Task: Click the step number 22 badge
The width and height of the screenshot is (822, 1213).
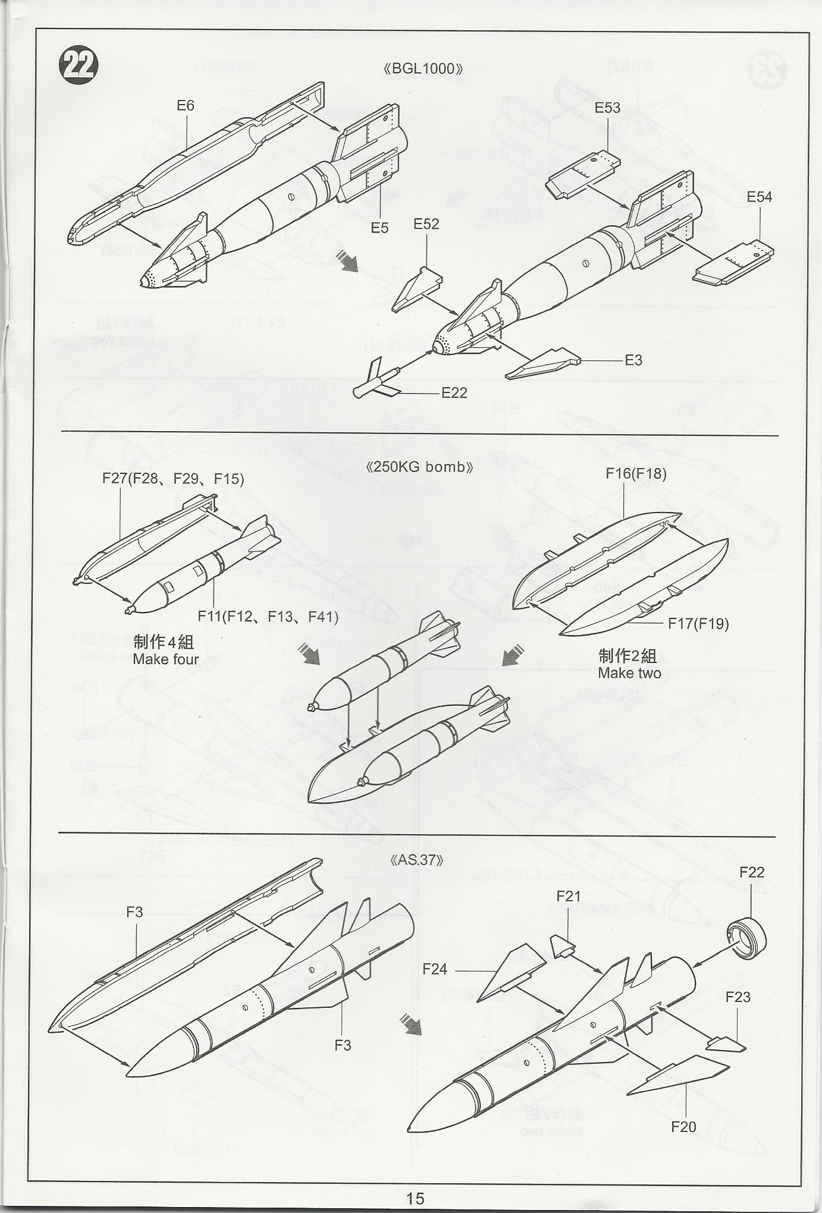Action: pos(79,65)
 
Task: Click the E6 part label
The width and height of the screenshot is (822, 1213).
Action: pos(186,106)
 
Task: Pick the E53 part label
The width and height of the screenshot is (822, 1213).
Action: pos(607,108)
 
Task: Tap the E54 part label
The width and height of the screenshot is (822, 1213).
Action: pos(759,197)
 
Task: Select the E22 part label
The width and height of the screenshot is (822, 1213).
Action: pos(454,392)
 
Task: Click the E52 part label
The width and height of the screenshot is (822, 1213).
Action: pos(426,224)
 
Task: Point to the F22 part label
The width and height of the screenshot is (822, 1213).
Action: pos(752,872)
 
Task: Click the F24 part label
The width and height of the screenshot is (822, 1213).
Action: pos(434,969)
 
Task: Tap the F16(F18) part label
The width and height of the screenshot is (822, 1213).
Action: pos(636,473)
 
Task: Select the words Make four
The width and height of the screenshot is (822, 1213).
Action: pos(165,659)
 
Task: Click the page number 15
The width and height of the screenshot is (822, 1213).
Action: pos(415,1198)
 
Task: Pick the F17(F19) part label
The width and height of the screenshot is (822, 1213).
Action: pos(698,623)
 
